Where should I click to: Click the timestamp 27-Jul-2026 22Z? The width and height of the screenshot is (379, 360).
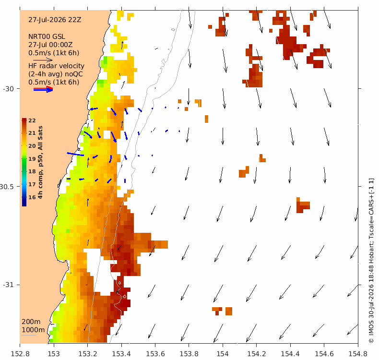55,20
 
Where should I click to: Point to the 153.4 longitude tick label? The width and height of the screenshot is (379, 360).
121,354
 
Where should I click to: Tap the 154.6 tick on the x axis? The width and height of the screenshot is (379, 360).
324,354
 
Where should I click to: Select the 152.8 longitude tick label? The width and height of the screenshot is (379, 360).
20,354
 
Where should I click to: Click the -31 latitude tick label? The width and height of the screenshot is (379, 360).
8,285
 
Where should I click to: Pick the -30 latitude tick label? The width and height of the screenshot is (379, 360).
8,89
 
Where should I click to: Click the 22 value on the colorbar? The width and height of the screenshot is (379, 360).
32,120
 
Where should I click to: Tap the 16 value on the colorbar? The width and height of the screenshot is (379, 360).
32,197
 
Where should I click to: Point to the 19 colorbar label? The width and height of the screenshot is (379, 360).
32,159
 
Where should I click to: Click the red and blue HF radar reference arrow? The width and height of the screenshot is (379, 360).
43,89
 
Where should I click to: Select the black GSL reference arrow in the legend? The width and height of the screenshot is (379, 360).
43,60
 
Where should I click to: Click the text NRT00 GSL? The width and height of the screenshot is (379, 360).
47,37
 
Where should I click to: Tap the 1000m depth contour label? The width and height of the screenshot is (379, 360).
33,330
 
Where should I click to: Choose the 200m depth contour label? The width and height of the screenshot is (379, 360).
31,322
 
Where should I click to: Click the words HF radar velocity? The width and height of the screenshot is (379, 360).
56,66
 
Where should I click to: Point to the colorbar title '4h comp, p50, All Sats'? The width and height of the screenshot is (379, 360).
40,162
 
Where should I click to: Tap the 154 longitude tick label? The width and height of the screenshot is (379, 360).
223,354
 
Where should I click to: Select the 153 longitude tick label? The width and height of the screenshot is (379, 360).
54,354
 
